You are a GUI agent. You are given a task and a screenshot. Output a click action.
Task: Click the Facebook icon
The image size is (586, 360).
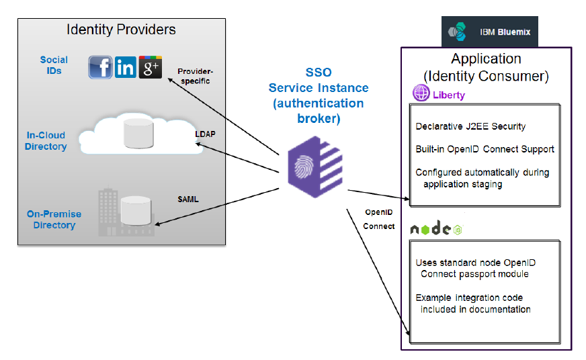pyautogui.click(x=101, y=67)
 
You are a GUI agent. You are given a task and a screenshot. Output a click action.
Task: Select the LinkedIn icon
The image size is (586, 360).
pyautogui.click(x=126, y=67)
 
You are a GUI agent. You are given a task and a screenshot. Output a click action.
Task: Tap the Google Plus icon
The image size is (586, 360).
pyautogui.click(x=150, y=67)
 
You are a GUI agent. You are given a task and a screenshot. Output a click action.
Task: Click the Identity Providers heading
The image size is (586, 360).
pyautogui.click(x=121, y=30)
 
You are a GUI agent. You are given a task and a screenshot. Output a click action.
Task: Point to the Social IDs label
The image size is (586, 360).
pyautogui.click(x=54, y=65)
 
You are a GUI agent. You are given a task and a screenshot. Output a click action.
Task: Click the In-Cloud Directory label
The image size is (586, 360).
pyautogui.click(x=46, y=141)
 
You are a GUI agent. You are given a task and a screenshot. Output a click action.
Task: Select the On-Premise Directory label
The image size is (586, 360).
pyautogui.click(x=54, y=220)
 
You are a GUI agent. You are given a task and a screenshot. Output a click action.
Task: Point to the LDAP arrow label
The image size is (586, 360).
pyautogui.click(x=205, y=134)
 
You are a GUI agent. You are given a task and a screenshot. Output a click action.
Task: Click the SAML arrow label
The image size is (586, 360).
pyautogui.click(x=188, y=199)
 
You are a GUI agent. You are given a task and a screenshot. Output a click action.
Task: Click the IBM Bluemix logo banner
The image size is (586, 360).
pyautogui.click(x=489, y=32)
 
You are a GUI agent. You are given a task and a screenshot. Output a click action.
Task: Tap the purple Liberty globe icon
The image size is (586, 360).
pyautogui.click(x=421, y=95)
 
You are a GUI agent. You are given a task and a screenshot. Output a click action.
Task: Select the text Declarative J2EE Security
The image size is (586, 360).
pyautogui.click(x=470, y=126)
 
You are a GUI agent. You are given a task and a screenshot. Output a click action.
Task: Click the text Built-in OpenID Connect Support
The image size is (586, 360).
pyautogui.click(x=485, y=149)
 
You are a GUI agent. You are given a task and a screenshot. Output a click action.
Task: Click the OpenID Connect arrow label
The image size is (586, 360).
pyautogui.click(x=379, y=219)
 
